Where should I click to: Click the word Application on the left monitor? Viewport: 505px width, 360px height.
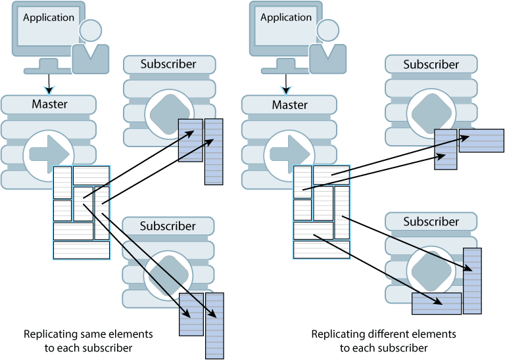tap(49, 18)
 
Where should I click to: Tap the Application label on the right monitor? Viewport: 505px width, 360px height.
tap(285, 18)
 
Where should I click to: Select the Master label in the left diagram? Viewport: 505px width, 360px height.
tap(49, 104)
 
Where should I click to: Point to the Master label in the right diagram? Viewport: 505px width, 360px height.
tap(289, 104)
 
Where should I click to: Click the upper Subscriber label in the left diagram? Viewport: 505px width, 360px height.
tap(168, 64)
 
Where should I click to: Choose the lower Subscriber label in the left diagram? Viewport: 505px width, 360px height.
tap(168, 226)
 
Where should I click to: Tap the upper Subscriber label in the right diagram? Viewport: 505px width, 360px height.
tap(431, 64)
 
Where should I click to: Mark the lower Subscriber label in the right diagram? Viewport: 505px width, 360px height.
tap(431, 221)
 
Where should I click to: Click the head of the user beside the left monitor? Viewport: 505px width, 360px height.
tap(91, 30)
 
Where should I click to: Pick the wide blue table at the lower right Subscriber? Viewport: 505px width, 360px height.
tap(437, 304)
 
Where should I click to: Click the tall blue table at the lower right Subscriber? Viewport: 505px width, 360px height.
tap(472, 281)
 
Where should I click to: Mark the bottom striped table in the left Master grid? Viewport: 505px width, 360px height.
tap(82, 250)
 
